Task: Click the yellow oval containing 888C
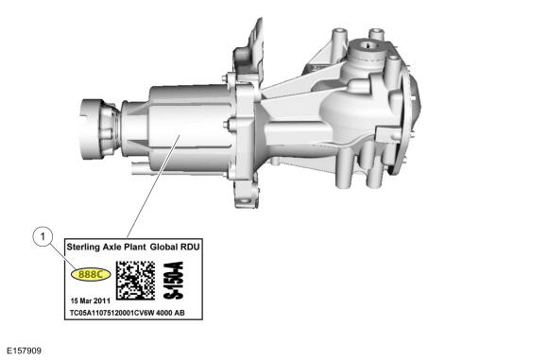coord(92,274)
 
